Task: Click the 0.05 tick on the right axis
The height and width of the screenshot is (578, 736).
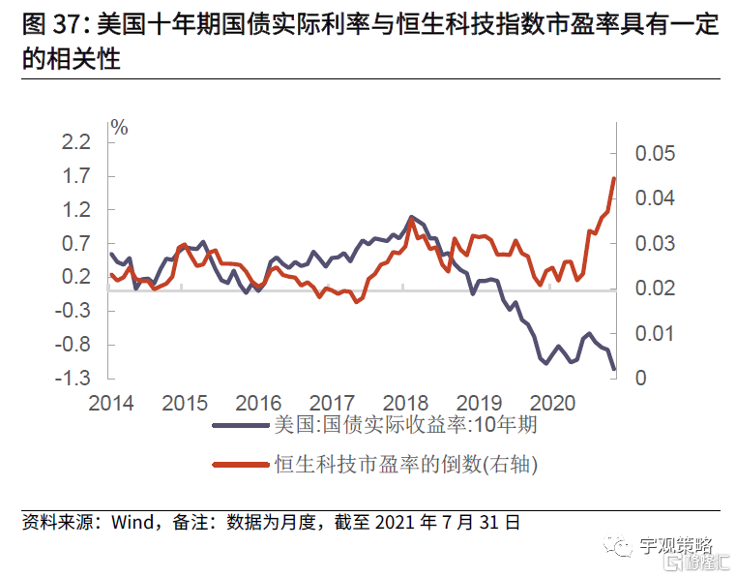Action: [x=656, y=154]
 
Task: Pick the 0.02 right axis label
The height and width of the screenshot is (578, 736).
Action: [x=656, y=289]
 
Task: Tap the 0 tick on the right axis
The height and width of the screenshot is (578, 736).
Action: [x=640, y=379]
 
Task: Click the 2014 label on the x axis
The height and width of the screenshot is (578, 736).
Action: [x=111, y=402]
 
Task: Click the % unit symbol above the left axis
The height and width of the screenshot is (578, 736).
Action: [x=119, y=127]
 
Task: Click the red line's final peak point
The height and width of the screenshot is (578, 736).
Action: [x=614, y=178]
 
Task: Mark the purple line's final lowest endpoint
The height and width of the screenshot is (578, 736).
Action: [x=614, y=369]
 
